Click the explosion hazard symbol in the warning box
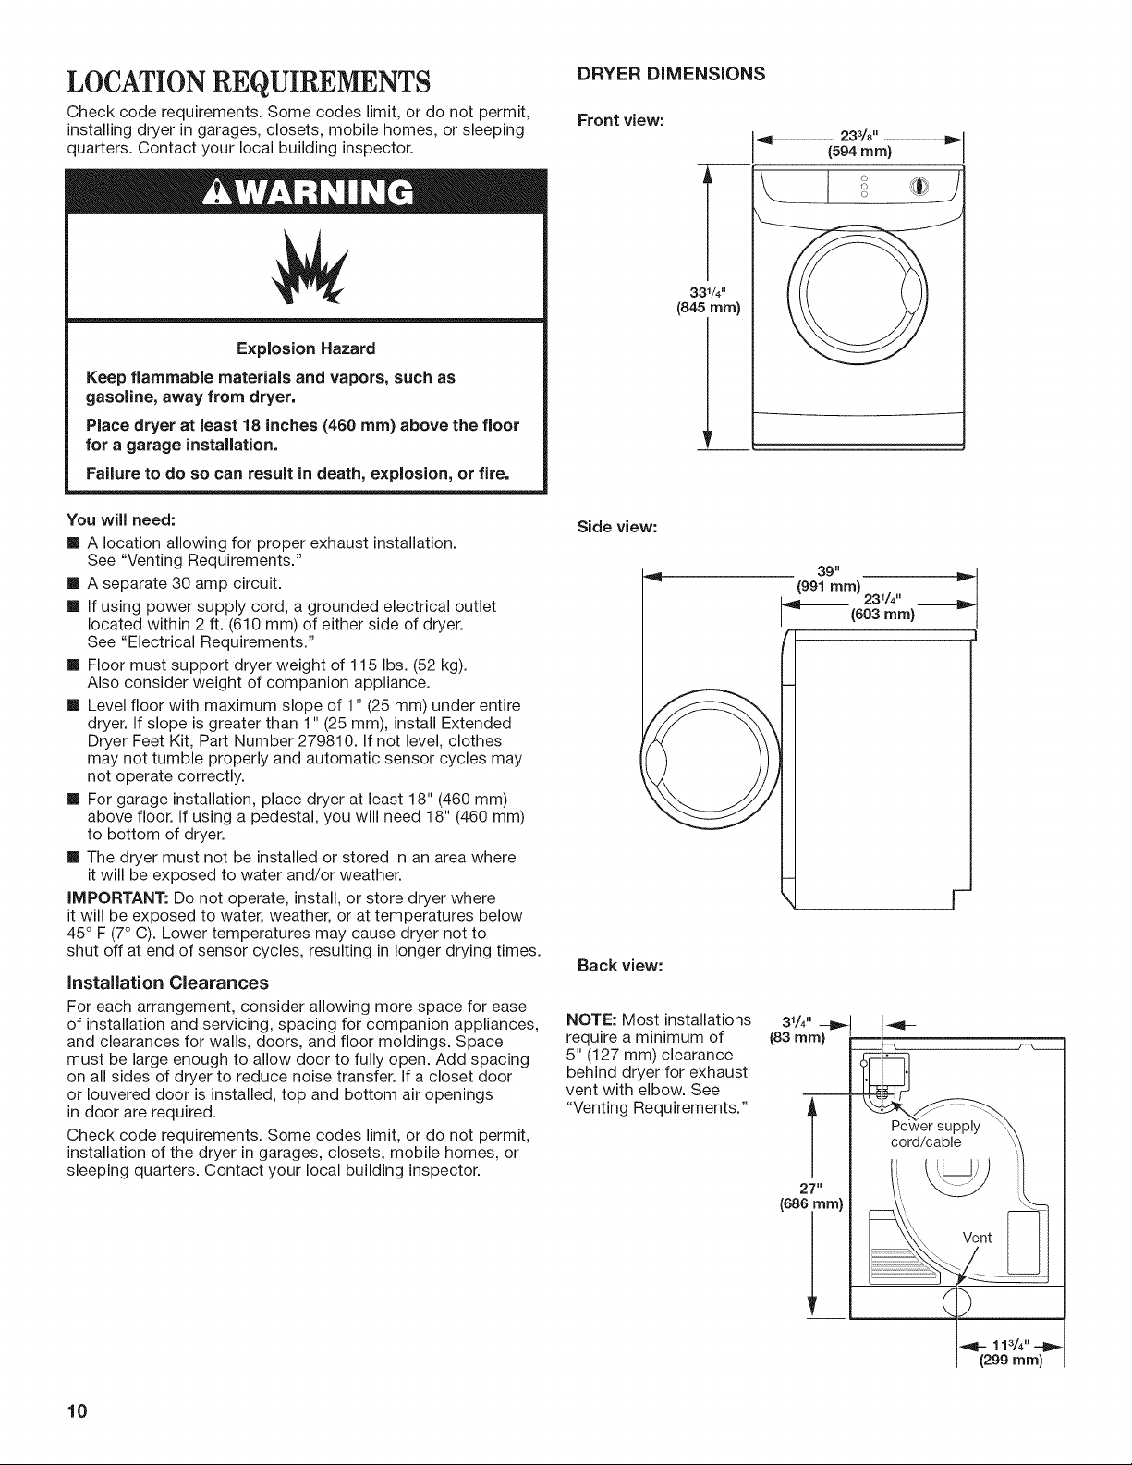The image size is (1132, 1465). [309, 267]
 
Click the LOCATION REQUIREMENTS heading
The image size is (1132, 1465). [249, 82]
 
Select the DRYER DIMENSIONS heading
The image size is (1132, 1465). [671, 74]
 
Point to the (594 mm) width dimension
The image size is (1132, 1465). [859, 151]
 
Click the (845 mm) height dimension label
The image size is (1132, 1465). [708, 309]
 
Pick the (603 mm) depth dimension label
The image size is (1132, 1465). [882, 614]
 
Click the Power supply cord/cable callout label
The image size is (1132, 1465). [935, 1134]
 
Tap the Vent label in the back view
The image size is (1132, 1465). [977, 1237]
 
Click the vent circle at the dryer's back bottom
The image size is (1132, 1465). [956, 1300]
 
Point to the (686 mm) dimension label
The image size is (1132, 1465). [811, 1204]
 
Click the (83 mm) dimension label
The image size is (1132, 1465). [797, 1037]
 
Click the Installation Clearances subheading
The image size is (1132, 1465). [168, 983]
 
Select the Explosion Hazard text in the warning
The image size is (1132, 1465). [306, 348]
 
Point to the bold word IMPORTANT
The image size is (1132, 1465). [117, 898]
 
